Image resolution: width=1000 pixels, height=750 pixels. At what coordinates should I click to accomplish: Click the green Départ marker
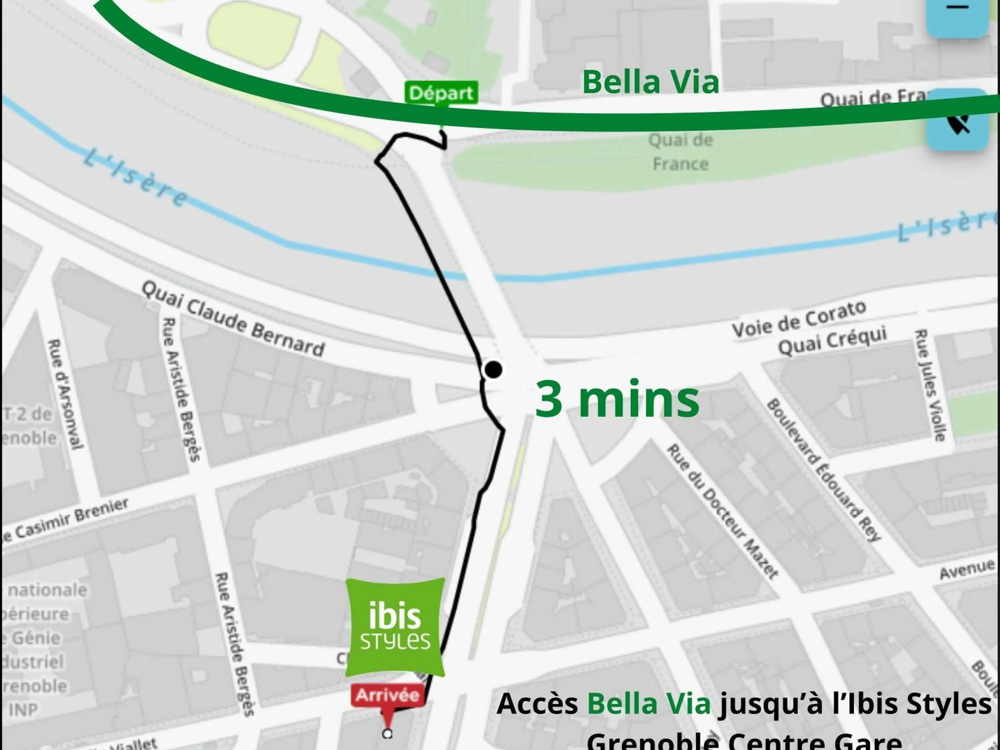[440, 93]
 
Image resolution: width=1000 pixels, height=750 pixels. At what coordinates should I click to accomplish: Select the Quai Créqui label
[832, 342]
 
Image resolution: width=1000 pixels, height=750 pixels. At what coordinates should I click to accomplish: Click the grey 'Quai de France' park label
[680, 152]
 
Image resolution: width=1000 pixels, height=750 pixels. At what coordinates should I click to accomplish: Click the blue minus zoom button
[957, 14]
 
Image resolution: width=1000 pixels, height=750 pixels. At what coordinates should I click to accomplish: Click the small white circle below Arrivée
[387, 734]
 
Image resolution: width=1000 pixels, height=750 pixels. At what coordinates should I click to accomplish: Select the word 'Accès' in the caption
[537, 704]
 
